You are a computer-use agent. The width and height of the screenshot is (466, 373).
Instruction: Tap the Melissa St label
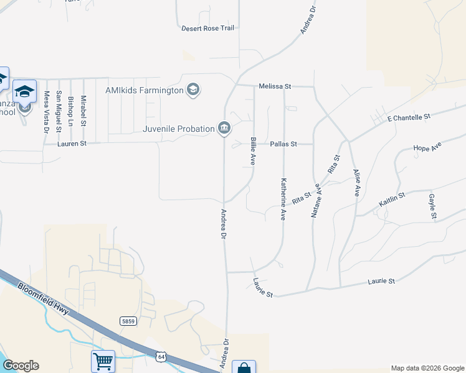click(x=275, y=86)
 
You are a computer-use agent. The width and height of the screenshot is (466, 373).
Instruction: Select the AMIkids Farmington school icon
click(x=193, y=91)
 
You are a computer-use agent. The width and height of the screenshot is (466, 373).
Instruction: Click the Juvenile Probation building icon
click(x=224, y=129)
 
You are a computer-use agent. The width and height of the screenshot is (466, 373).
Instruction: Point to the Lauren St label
click(x=70, y=144)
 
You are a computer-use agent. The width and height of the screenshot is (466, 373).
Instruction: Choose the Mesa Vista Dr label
click(x=46, y=112)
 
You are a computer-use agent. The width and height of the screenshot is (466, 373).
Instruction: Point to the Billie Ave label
click(x=254, y=151)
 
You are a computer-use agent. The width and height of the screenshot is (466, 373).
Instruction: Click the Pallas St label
click(x=282, y=144)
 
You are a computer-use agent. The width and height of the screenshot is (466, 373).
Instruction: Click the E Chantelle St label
click(x=409, y=117)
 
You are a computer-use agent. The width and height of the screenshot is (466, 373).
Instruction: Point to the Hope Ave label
click(x=427, y=147)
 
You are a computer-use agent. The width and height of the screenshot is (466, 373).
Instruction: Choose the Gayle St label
click(x=432, y=206)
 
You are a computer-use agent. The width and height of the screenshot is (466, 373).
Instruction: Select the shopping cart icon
click(x=103, y=361)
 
